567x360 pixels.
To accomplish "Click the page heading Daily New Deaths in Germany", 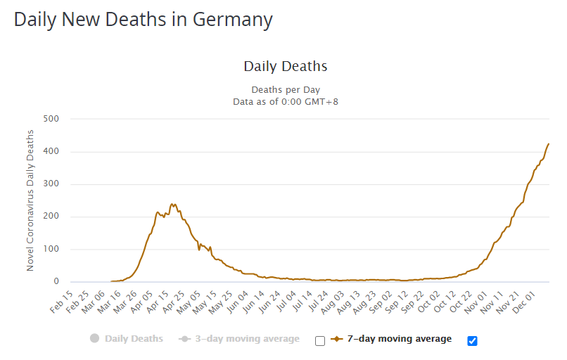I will tap(143, 20).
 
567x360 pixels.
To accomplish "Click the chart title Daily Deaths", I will tap(285, 67).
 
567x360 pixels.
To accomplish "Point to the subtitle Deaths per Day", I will tap(285, 90).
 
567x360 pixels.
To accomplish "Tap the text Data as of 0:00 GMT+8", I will tap(285, 102).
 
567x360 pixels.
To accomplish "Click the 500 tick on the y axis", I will tap(50, 119).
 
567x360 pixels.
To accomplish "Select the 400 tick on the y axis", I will tap(50, 152).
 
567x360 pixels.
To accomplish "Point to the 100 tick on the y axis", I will tap(50, 250).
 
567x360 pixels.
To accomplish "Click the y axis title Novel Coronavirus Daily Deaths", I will tap(30, 200).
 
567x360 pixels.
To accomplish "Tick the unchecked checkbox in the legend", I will tap(320, 341).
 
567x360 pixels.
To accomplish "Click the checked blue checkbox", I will tap(472, 341).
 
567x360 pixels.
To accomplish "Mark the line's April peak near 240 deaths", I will tap(172, 205).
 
